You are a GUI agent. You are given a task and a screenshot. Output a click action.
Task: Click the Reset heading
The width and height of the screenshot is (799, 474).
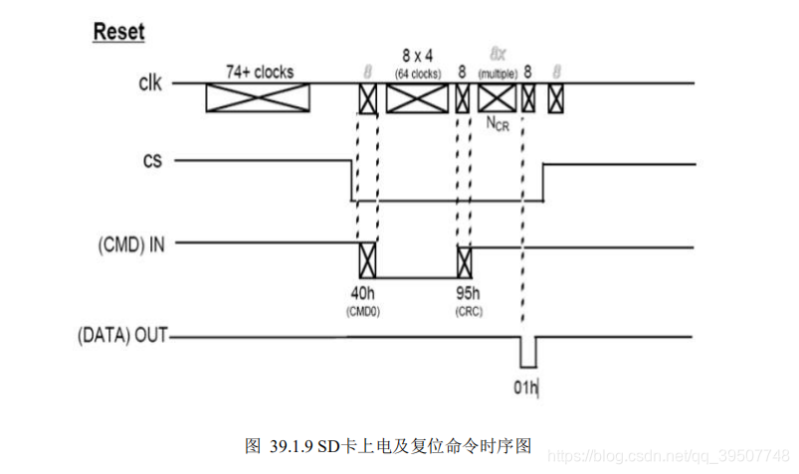point(118,32)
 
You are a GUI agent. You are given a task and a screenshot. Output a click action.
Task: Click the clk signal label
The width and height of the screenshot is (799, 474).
point(150,82)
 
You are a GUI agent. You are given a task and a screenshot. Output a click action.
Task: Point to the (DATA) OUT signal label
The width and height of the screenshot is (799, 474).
point(121,337)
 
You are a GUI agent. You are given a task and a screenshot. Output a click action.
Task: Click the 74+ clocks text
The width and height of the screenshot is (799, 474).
point(258,72)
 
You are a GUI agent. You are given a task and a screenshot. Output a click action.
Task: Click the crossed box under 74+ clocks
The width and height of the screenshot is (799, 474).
point(258,97)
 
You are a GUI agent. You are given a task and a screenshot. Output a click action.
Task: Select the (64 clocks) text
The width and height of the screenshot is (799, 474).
point(417,74)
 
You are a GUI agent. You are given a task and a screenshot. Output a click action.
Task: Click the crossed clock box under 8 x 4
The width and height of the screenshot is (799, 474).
point(417,97)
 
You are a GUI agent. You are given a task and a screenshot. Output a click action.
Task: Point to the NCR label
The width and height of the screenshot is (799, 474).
point(498,122)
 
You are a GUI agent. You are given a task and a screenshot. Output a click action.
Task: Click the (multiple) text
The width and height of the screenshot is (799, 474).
point(498,74)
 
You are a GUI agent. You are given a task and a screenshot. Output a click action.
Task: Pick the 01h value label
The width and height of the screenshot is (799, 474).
point(525,387)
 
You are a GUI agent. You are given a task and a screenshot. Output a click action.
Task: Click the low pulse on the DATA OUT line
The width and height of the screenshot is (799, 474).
point(527,352)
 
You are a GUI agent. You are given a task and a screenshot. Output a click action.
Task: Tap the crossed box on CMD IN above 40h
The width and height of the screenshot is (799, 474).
point(367,260)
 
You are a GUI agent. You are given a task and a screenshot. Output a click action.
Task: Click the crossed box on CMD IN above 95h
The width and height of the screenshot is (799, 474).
point(464,260)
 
